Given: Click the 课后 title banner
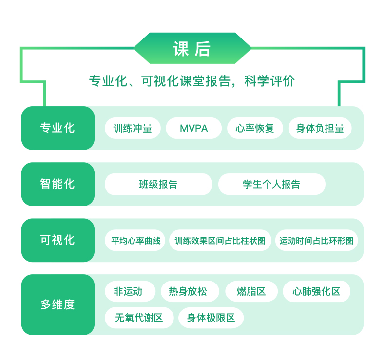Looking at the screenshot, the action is pyautogui.click(x=192, y=48).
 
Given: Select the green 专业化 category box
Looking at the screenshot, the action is pyautogui.click(x=58, y=128).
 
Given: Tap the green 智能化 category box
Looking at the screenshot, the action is pyautogui.click(x=58, y=184).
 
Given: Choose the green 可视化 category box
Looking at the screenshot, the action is pyautogui.click(x=58, y=240).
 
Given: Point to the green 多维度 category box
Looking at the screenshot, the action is pyautogui.click(x=58, y=304).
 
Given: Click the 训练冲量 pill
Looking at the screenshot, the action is pyautogui.click(x=133, y=128).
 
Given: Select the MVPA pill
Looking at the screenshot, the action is pyautogui.click(x=194, y=128).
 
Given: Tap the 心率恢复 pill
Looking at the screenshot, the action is pyautogui.click(x=255, y=128).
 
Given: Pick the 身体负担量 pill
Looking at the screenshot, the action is pyautogui.click(x=320, y=128).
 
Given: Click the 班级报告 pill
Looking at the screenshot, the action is pyautogui.click(x=158, y=184).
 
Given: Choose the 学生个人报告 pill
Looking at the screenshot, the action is pyautogui.click(x=272, y=184).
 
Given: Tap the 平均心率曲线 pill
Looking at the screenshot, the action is pyautogui.click(x=135, y=240).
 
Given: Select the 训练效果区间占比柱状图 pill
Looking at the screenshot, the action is pyautogui.click(x=220, y=240).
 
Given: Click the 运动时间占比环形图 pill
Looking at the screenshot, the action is pyautogui.click(x=316, y=240).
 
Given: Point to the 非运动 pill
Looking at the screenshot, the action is pyautogui.click(x=130, y=291).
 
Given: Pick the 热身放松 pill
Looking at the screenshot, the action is pyautogui.click(x=190, y=291).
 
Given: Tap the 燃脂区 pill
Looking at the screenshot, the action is pyautogui.click(x=251, y=291).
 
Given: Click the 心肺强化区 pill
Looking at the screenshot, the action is pyautogui.click(x=316, y=291).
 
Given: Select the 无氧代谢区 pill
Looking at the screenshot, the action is pyautogui.click(x=139, y=318).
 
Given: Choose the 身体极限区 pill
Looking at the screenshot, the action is pyautogui.click(x=211, y=318).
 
